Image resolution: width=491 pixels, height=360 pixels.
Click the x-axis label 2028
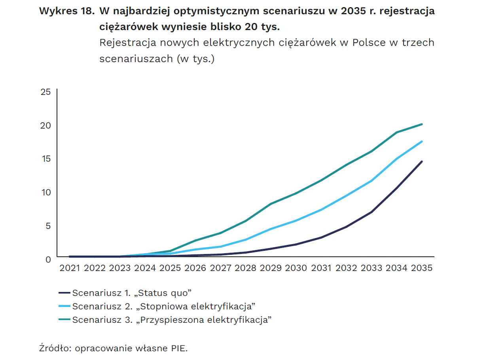pyautogui.click(x=246, y=268)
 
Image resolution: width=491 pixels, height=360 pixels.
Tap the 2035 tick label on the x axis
pyautogui.click(x=422, y=268)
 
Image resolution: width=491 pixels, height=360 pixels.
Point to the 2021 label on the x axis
pyautogui.click(x=70, y=268)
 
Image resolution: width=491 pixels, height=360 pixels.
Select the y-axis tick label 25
pyautogui.click(x=46, y=92)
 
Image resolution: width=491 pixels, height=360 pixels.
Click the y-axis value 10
pyautogui.click(x=46, y=192)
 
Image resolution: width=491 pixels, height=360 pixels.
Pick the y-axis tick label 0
pyautogui.click(x=48, y=260)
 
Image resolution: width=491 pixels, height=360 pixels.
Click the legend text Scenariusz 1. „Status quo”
pyautogui.click(x=132, y=293)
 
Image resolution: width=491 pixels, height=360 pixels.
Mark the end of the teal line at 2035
pyautogui.click(x=422, y=124)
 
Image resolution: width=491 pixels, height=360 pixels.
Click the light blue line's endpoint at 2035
pyautogui.click(x=422, y=142)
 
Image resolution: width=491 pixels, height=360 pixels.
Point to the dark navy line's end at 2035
pyautogui.click(x=422, y=161)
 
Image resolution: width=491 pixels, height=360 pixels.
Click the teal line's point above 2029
pyautogui.click(x=271, y=204)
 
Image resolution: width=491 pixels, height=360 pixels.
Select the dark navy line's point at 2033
pyautogui.click(x=372, y=212)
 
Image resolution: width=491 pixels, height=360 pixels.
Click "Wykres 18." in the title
pyautogui.click(x=67, y=11)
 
